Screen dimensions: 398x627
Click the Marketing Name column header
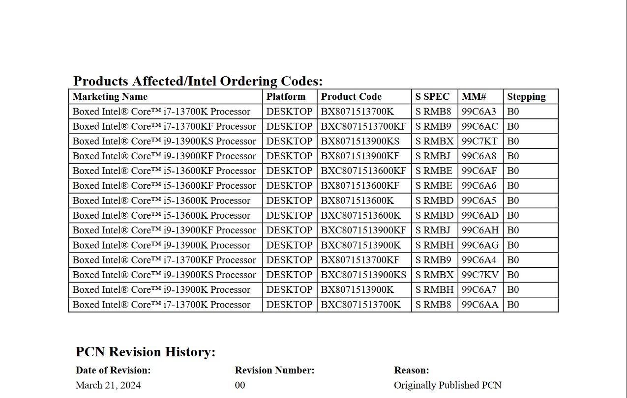click(110, 97)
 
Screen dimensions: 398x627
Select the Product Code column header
click(351, 97)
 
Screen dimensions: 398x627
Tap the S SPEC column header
click(432, 97)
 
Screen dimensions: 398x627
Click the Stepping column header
click(526, 97)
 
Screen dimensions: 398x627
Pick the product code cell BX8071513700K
click(358, 112)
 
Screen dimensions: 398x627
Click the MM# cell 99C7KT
click(479, 142)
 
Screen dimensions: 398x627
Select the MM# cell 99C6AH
click(480, 230)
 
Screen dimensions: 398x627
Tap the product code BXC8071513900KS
click(364, 275)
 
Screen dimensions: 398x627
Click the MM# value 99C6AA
click(480, 305)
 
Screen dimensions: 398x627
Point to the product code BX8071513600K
click(358, 200)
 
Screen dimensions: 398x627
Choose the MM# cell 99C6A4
click(479, 260)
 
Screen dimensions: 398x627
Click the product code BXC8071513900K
click(361, 245)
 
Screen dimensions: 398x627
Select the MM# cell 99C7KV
click(480, 275)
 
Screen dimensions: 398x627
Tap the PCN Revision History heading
click(146, 352)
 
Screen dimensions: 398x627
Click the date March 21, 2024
click(108, 385)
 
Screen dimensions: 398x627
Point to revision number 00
click(240, 385)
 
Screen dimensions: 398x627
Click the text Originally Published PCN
click(448, 385)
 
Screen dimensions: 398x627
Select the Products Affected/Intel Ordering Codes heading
click(198, 81)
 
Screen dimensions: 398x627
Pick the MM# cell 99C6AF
click(479, 171)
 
